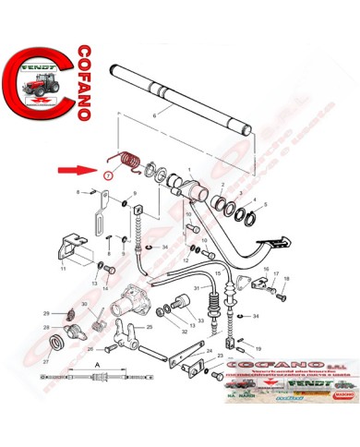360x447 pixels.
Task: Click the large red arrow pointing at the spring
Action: pyautogui.click(x=93, y=170)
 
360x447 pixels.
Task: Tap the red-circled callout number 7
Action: pyautogui.click(x=109, y=175)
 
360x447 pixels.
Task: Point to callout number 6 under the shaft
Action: pyautogui.click(x=156, y=114)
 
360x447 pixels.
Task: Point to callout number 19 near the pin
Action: pyautogui.click(x=258, y=349)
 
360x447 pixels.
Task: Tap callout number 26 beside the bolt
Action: pyautogui.click(x=90, y=350)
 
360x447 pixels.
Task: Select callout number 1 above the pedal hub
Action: pyautogui.click(x=190, y=172)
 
